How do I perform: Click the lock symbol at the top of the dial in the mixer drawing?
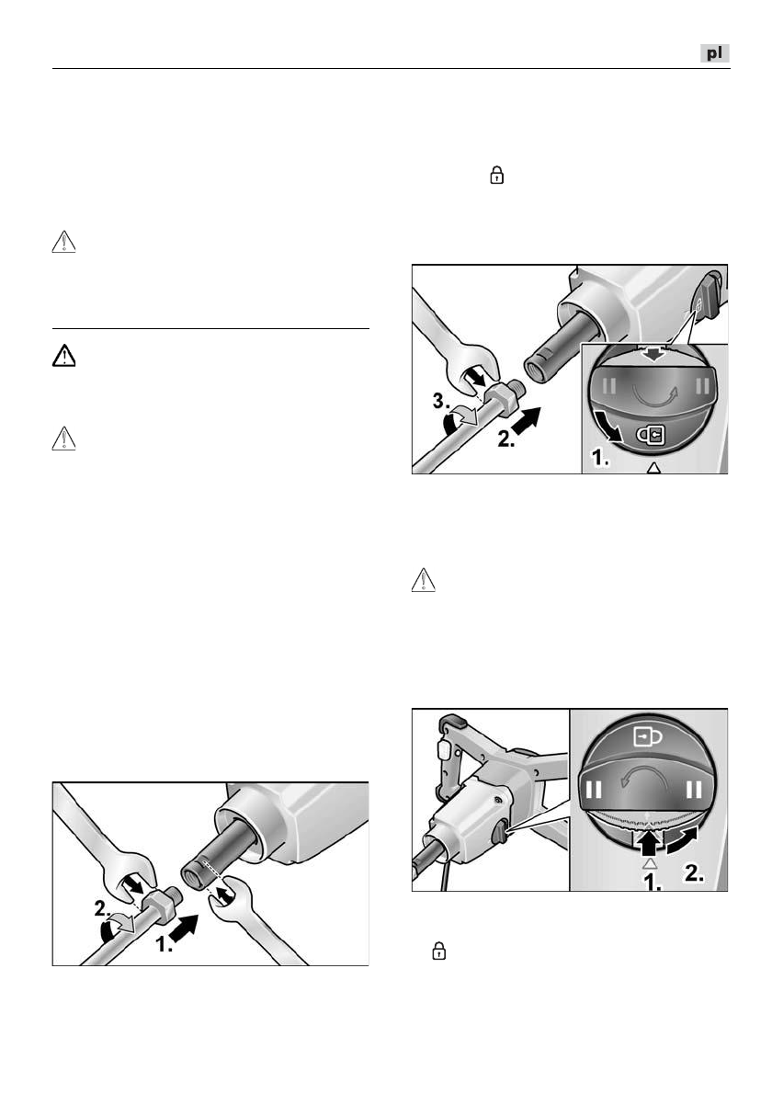(x=650, y=737)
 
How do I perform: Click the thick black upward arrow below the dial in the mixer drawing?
(x=651, y=840)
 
